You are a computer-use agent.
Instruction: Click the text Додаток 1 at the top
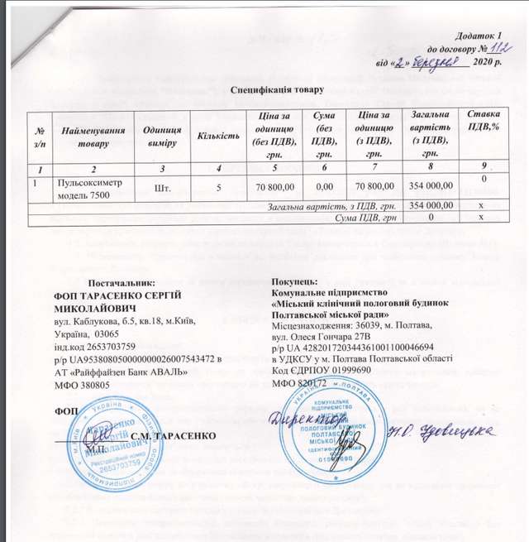click(479, 33)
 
